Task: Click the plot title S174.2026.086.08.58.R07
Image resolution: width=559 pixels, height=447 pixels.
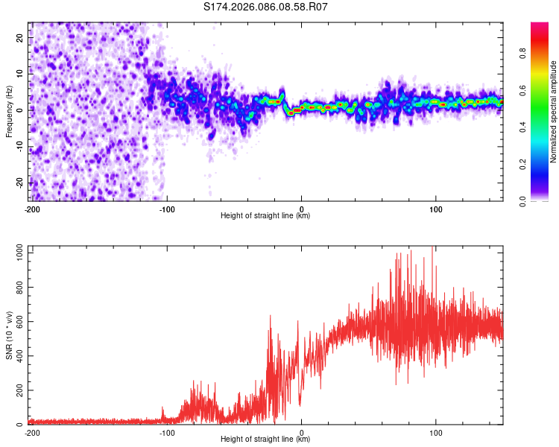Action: (x=266, y=7)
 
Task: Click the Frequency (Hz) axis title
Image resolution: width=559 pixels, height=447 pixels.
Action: (x=9, y=110)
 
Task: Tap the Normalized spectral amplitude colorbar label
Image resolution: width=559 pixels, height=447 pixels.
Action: (x=554, y=111)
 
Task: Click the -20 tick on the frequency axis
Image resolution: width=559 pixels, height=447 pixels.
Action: (x=19, y=183)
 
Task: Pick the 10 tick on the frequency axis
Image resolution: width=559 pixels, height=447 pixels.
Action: (x=20, y=74)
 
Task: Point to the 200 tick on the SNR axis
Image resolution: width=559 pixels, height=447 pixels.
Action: (x=18, y=391)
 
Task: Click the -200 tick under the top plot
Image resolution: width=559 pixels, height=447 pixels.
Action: (x=31, y=209)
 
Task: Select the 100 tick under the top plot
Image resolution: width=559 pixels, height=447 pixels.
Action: (x=436, y=209)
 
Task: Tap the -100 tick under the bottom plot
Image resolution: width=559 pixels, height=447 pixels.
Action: (x=166, y=432)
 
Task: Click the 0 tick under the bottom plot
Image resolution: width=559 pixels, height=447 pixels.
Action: (x=301, y=432)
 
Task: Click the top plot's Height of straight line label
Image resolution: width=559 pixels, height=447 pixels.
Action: (x=265, y=216)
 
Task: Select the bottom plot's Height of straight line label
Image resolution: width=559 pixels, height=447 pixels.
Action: (x=265, y=440)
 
